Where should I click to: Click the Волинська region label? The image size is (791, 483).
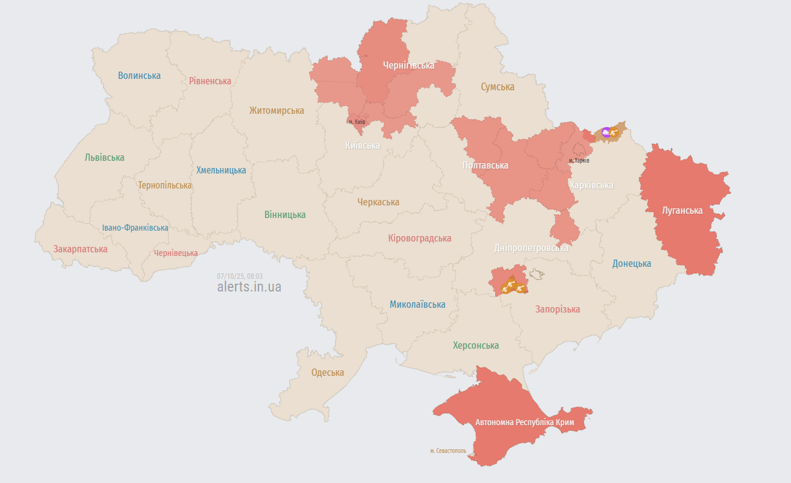139,75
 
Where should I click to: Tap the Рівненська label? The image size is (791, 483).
210,81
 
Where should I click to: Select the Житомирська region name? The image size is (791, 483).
277,110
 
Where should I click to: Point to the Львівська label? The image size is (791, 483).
104,157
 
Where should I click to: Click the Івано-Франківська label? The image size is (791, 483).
135,228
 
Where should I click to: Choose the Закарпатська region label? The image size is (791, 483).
80,249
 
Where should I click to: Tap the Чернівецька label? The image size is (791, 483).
175,253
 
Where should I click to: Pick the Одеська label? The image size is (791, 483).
327,372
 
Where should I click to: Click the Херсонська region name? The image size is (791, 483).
476,345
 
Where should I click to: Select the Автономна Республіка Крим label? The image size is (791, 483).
525,422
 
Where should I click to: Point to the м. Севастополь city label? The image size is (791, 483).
448,450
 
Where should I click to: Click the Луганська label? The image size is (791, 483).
682,210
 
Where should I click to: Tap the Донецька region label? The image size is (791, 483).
631,263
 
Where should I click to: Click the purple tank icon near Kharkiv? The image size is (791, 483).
606,132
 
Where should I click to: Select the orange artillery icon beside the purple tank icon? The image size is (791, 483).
615,131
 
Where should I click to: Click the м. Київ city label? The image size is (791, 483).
357,122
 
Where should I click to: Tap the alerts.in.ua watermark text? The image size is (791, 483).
249,287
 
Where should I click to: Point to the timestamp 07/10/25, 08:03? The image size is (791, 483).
240,276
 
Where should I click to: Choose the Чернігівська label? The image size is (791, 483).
408,65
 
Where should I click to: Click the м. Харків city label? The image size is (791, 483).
579,161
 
